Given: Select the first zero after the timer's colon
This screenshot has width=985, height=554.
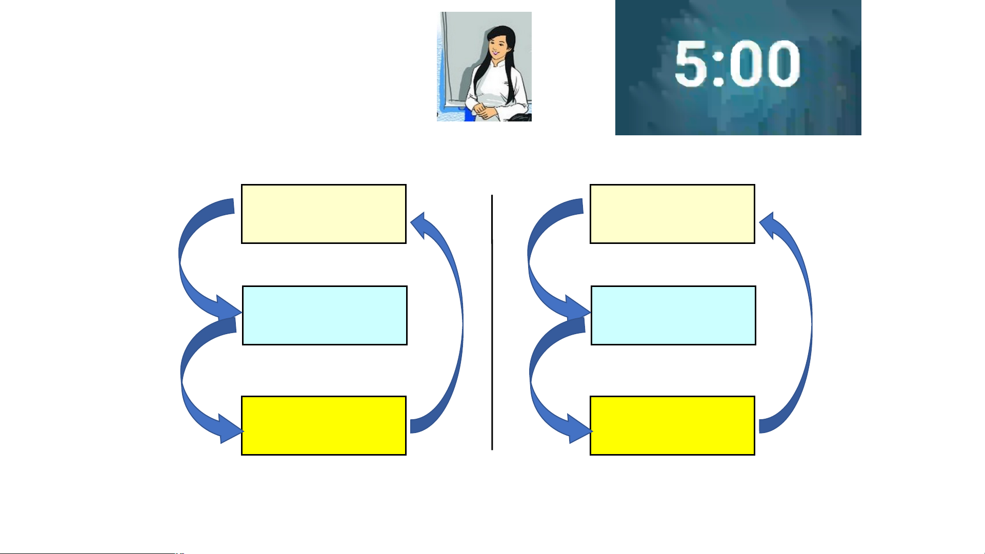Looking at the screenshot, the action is click(x=746, y=64).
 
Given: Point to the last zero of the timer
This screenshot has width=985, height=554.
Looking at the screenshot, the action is click(x=783, y=64).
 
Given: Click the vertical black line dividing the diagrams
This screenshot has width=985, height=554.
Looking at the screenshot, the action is click(x=492, y=322).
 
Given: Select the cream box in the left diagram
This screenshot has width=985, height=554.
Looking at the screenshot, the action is click(x=324, y=214).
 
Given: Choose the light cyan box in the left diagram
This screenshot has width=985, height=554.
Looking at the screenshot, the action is click(x=325, y=315).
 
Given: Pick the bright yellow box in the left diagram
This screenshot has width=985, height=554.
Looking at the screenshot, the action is click(x=324, y=425).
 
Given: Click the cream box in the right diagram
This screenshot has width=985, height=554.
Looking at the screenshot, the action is click(x=672, y=214).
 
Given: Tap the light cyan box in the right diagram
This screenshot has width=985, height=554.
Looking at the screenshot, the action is click(x=673, y=315).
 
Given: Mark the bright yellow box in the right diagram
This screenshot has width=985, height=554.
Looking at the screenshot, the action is click(x=672, y=425).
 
